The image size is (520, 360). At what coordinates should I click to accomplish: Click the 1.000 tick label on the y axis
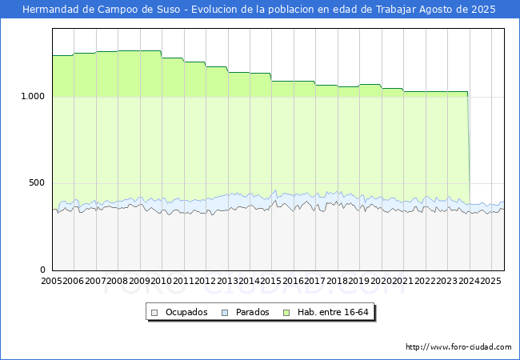click(x=33, y=97)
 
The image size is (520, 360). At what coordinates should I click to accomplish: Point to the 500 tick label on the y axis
click(x=37, y=183)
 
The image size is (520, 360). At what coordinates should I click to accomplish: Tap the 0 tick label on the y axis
click(x=42, y=270)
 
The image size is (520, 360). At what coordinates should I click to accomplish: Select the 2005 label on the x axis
click(x=51, y=281)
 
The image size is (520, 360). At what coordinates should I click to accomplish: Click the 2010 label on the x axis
click(x=161, y=281)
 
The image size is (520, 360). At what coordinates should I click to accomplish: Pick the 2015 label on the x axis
click(x=271, y=281)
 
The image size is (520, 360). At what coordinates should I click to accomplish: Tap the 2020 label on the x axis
click(x=381, y=281)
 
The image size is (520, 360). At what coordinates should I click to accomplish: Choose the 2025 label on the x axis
click(x=491, y=281)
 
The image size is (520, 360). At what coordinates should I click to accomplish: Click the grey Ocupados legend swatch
click(x=154, y=313)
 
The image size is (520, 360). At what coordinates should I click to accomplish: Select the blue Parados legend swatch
click(x=225, y=313)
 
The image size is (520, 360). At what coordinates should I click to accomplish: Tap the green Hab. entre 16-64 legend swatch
click(x=286, y=313)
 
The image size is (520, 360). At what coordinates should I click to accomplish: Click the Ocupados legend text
click(x=186, y=312)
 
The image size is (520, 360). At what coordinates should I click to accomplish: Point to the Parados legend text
click(x=252, y=312)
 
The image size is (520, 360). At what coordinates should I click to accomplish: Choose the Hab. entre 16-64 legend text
click(x=333, y=312)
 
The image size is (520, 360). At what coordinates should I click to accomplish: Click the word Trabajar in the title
click(x=396, y=10)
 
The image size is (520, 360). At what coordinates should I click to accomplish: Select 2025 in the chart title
click(x=483, y=10)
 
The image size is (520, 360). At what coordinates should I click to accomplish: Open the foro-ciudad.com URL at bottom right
click(x=458, y=347)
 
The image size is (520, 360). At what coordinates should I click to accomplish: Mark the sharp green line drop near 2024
click(x=469, y=148)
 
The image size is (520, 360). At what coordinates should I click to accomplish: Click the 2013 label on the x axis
click(x=227, y=281)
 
